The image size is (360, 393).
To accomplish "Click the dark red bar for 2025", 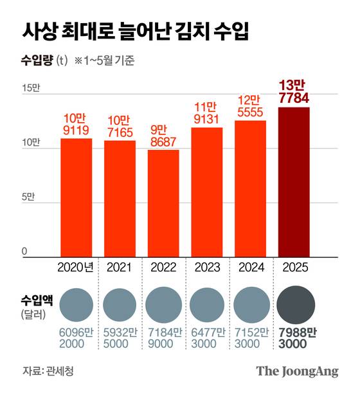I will (294, 182).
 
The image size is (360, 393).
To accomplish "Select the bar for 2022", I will (163, 203).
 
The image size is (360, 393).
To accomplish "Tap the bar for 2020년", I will (76, 197).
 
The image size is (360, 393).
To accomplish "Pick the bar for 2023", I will (207, 192).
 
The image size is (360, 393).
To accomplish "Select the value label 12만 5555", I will (250, 107).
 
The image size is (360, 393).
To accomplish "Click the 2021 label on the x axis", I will (120, 267).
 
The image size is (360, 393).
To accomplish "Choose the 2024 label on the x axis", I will (250, 267).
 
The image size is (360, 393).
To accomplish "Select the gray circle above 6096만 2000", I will (76, 305).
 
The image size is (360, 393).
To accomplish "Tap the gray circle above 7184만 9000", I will (163, 305).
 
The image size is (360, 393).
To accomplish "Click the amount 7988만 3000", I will (294, 338).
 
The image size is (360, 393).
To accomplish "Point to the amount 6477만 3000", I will (207, 338).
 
